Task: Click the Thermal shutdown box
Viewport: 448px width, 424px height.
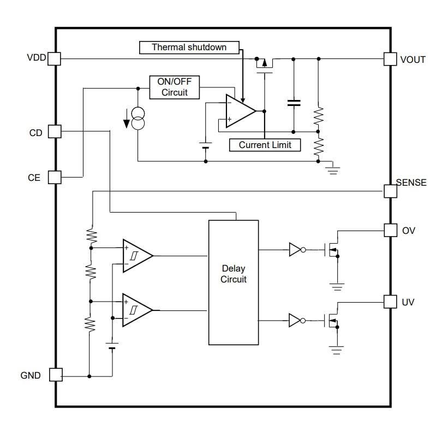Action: point(189,48)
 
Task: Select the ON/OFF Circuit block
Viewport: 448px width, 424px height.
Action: point(174,87)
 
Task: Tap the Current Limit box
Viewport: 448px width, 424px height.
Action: point(265,145)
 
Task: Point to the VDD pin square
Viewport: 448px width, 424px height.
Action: point(55,58)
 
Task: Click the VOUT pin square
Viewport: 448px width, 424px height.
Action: point(390,58)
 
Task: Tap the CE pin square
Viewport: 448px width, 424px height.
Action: point(55,177)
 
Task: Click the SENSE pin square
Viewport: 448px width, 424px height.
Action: point(390,191)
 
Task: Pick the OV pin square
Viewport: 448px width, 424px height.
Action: point(390,230)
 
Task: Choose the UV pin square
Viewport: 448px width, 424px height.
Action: point(390,302)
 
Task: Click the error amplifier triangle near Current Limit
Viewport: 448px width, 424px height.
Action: point(239,111)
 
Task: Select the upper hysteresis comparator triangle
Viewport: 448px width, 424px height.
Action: point(135,255)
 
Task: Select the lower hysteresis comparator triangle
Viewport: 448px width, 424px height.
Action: point(135,310)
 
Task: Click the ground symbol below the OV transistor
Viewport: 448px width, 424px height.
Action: point(337,286)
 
